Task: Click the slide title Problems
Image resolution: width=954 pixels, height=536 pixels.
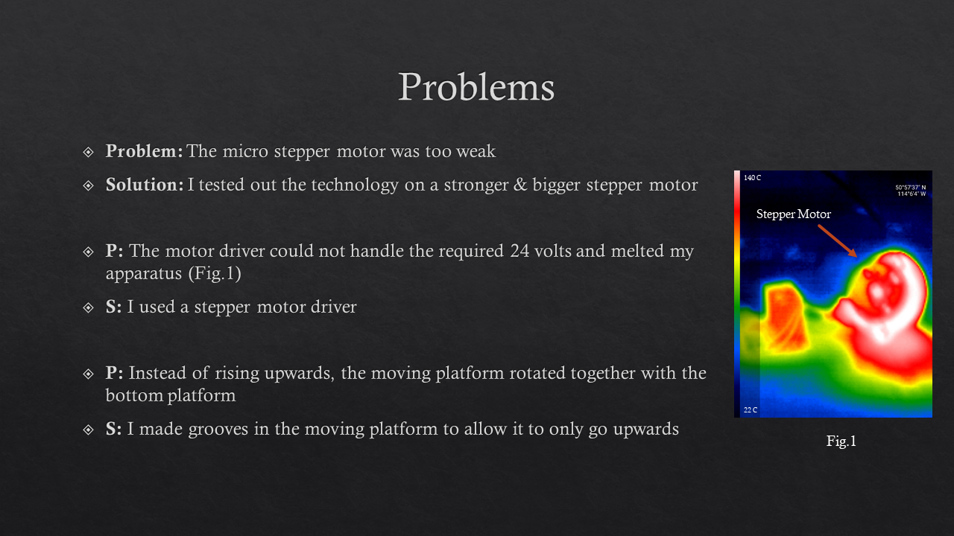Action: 476,87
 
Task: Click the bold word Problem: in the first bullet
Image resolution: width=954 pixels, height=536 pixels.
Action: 145,151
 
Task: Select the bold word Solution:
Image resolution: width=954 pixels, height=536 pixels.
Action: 145,185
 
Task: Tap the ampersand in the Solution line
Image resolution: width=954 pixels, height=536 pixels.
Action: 520,185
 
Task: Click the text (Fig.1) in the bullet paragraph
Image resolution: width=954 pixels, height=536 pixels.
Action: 215,273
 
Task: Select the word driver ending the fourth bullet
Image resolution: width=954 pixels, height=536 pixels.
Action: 333,307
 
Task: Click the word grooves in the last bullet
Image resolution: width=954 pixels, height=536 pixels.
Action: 218,430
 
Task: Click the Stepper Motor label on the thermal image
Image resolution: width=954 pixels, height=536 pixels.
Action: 794,214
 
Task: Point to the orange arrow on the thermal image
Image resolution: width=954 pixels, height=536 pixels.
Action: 837,240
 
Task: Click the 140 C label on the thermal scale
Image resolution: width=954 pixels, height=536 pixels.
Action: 752,178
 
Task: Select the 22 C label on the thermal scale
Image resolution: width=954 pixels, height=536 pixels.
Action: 751,410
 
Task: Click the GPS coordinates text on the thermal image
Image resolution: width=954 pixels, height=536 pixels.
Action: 911,191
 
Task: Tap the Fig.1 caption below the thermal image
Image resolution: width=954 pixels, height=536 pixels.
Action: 841,441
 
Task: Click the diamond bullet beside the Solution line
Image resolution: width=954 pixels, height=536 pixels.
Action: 88,185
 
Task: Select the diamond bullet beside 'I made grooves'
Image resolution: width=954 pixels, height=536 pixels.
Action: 88,430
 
